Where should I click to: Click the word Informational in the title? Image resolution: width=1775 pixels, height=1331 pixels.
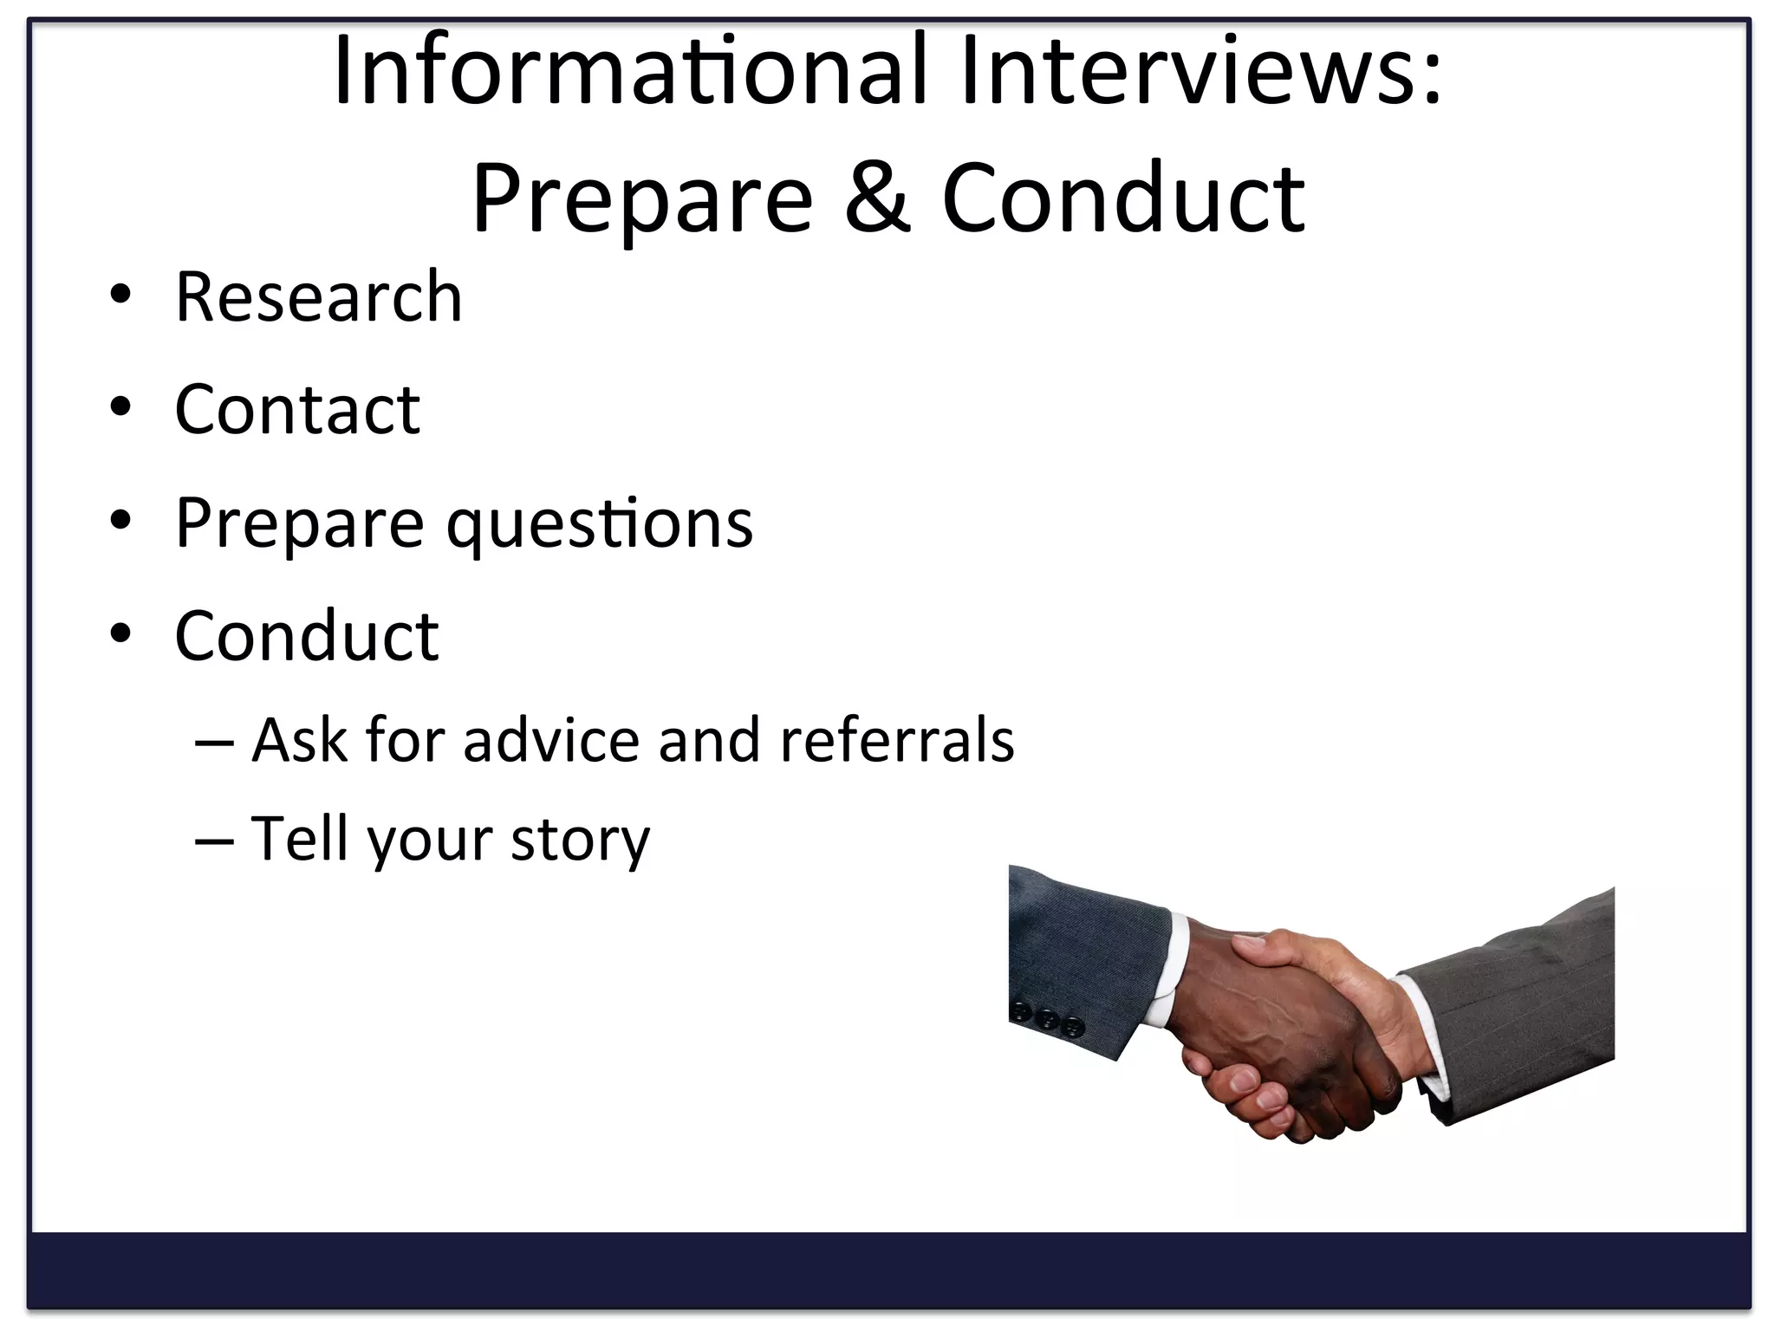pos(631,71)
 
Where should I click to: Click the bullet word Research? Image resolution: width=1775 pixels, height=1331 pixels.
pos(318,296)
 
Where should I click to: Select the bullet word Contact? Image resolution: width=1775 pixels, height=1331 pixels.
pos(296,409)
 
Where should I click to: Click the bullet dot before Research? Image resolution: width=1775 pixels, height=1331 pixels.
pos(120,295)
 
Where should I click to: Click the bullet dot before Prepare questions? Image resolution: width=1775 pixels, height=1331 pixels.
pos(120,520)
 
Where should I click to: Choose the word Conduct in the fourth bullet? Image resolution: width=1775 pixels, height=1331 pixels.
pos(306,635)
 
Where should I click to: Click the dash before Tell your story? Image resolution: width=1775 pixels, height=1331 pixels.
pos(214,840)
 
